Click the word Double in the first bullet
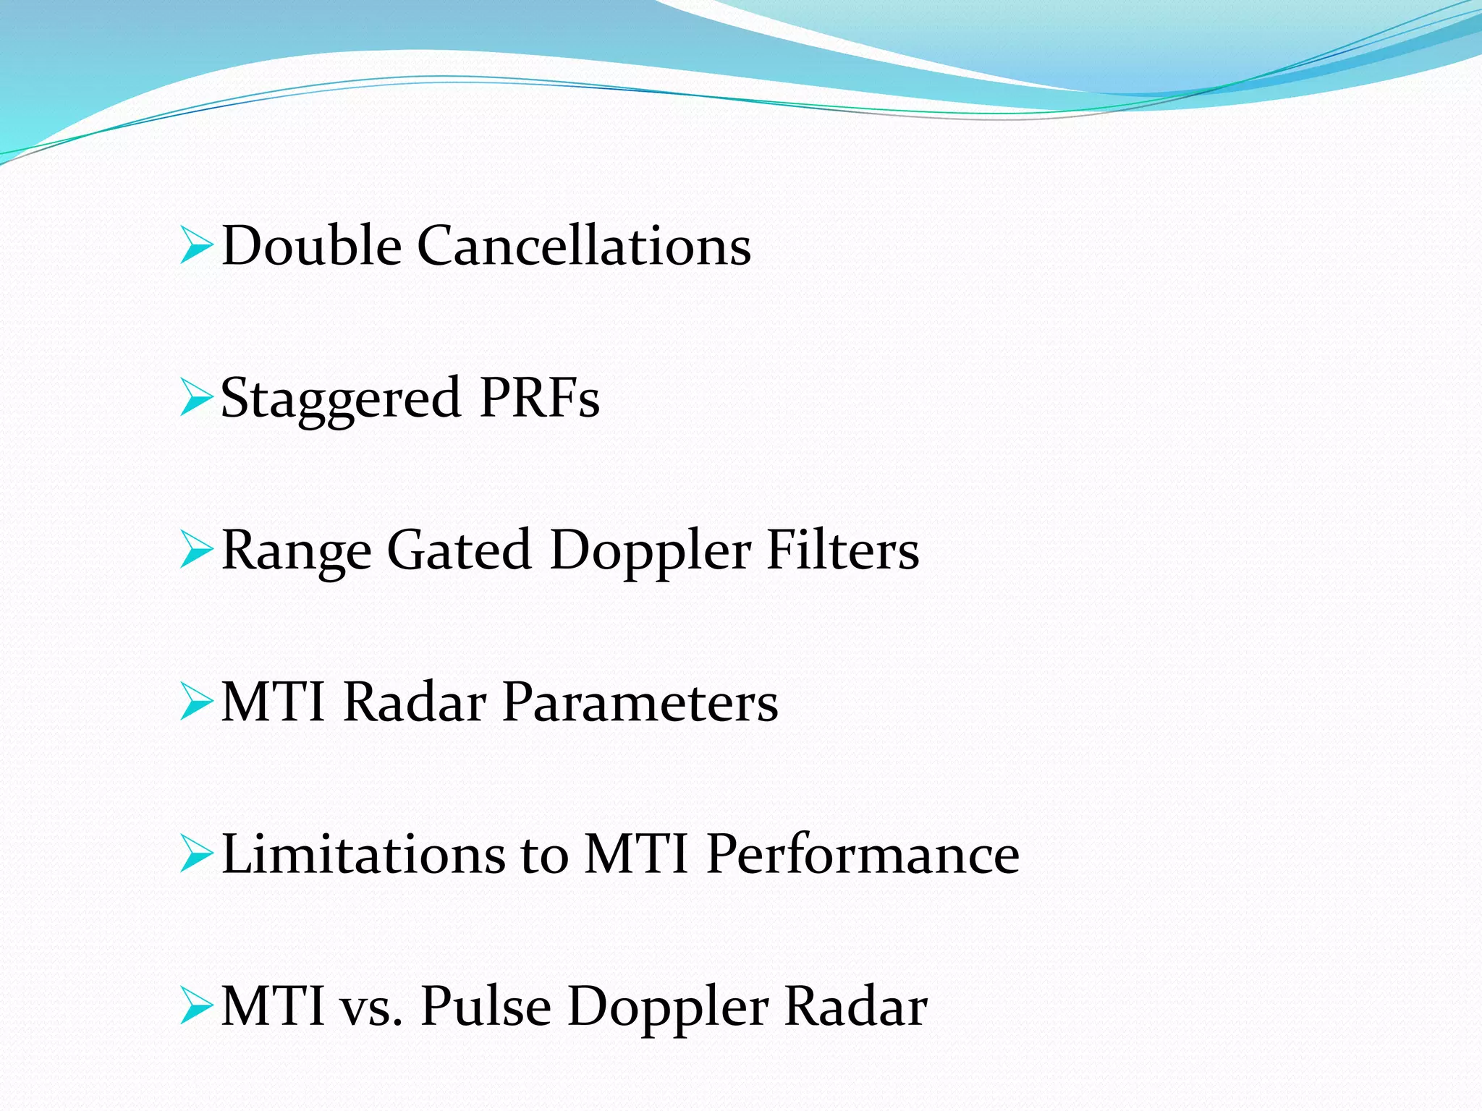point(311,246)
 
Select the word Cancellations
point(584,246)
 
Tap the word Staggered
point(340,399)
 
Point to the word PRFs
point(539,398)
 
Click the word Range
point(296,551)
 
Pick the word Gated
point(460,551)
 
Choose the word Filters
point(842,550)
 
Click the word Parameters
point(640,702)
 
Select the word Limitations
point(363,854)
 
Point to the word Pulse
point(486,1007)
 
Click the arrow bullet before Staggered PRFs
point(195,398)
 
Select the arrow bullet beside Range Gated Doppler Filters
point(195,550)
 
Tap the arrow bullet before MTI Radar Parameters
point(195,702)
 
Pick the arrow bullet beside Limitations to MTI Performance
point(195,854)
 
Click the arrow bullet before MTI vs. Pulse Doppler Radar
point(195,1007)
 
